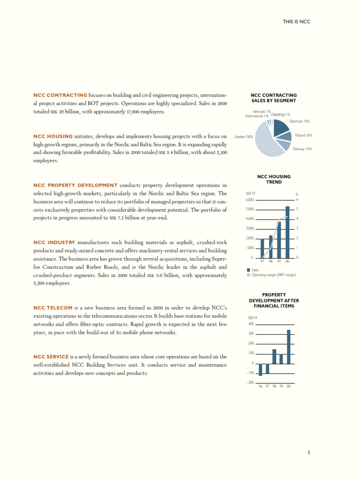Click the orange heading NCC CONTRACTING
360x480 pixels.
[60, 96]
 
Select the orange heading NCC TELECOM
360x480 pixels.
[52, 307]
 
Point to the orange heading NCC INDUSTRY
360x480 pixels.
[54, 242]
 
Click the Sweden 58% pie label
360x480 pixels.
[244, 137]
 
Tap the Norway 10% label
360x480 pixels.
[302, 149]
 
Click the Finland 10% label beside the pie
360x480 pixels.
[304, 135]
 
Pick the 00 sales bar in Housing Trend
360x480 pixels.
[287, 232]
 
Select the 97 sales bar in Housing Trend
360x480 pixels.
[262, 248]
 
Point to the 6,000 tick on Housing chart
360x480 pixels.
[250, 200]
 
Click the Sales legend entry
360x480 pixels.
[255, 270]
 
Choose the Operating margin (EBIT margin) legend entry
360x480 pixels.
[274, 275]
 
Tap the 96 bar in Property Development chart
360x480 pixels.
[260, 369]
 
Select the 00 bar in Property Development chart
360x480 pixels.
[289, 347]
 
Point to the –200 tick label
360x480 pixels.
[249, 382]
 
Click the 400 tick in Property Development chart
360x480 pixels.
[250, 324]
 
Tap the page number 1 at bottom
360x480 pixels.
[309, 452]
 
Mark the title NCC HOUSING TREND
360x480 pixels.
[274, 179]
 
